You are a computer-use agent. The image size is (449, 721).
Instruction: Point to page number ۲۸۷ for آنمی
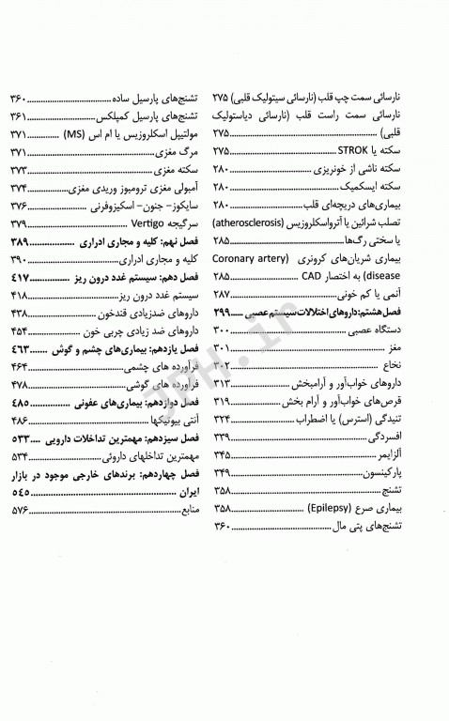pos(225,294)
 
